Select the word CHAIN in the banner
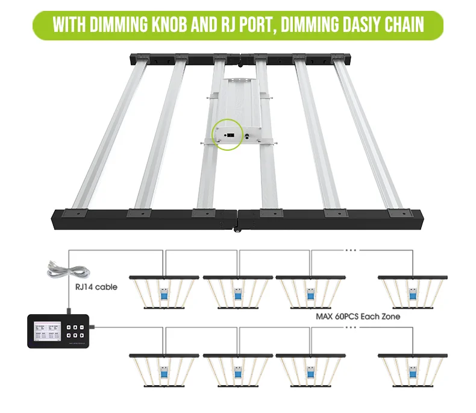pyautogui.click(x=398, y=25)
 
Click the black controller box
pyautogui.click(x=57, y=330)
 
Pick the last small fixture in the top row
pyautogui.click(x=413, y=292)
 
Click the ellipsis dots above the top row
pyautogui.click(x=349, y=248)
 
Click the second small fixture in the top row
pyautogui.click(x=237, y=292)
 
